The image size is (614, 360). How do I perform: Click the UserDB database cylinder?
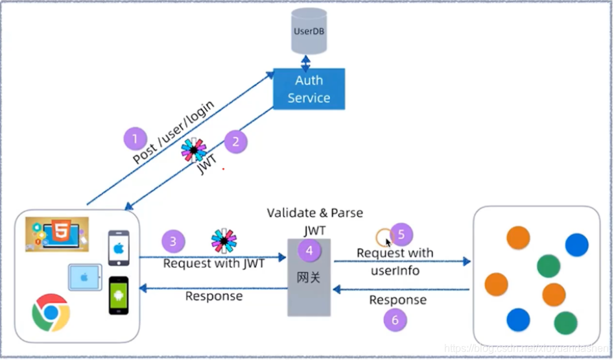309,32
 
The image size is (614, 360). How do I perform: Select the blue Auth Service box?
309,89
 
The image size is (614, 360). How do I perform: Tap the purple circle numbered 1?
135,138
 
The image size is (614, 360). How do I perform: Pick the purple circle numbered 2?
236,141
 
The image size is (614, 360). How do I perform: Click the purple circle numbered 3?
172,242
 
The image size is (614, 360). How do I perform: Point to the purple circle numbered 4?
309,250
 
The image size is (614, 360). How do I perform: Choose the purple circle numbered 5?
401,234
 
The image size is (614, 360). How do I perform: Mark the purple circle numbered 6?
396,319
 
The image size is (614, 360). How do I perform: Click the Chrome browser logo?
51,313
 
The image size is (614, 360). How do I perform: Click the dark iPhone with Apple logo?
119,248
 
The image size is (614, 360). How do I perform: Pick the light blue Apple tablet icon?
85,277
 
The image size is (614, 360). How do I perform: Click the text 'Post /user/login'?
173,132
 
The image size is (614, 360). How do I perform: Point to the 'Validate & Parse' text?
315,213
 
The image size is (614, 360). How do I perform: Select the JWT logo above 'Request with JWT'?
224,241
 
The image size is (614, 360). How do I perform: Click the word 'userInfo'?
395,270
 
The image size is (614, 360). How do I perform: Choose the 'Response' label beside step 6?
397,300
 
